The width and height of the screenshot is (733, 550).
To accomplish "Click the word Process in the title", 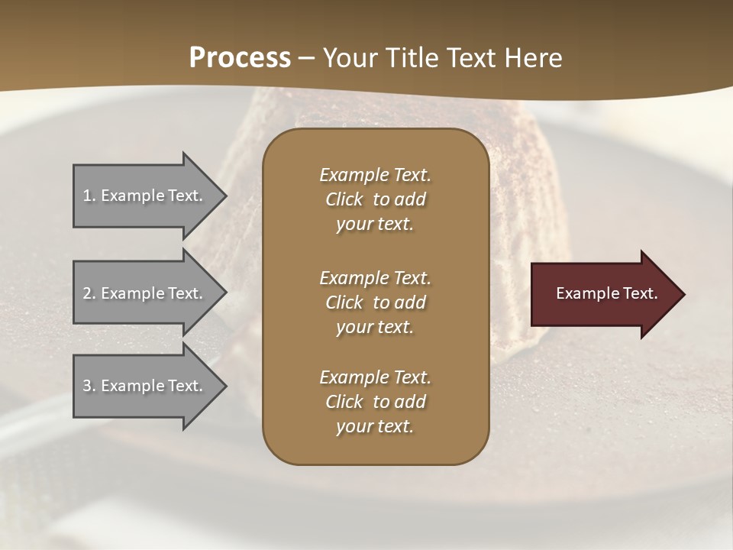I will (240, 58).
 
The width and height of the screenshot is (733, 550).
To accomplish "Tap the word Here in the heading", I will (532, 58).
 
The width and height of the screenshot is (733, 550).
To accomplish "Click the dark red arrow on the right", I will (603, 294).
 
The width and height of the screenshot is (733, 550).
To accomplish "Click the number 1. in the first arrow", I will (89, 196).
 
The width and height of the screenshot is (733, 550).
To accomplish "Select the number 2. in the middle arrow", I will (89, 293).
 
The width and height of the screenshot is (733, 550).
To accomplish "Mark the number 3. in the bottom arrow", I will (89, 386).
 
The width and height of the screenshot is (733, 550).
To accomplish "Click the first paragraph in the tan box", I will (375, 199).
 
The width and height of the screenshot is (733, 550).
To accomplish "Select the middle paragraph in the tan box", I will (375, 302).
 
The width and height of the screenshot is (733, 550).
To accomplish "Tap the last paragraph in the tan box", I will (375, 402).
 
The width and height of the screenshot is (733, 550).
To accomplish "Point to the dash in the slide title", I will (306, 58).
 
